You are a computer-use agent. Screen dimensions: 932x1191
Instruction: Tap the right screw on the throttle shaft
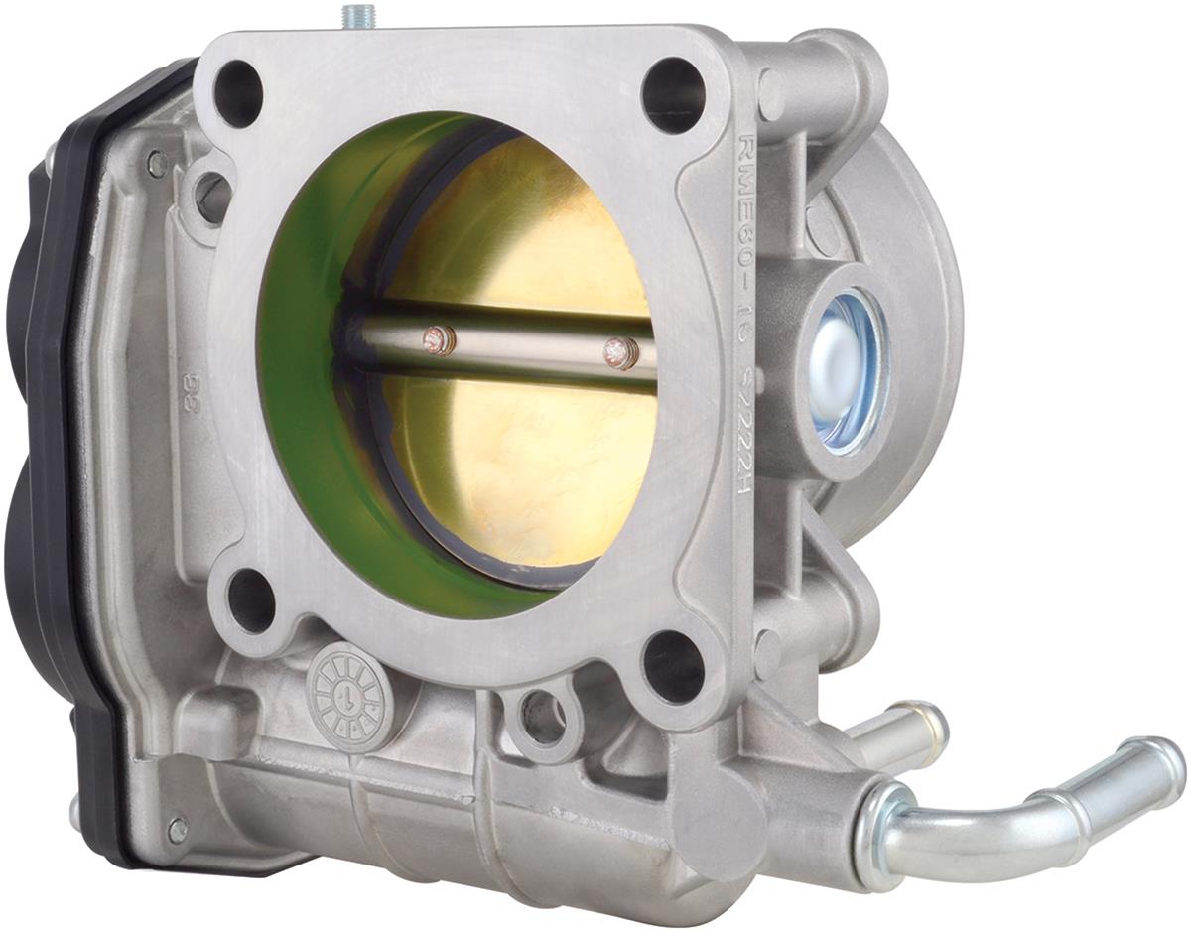click(619, 351)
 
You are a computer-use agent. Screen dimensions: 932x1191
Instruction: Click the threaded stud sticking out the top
click(355, 18)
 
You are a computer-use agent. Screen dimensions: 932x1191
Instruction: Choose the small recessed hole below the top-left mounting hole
click(212, 197)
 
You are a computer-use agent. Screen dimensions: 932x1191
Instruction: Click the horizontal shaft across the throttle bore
click(516, 347)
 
